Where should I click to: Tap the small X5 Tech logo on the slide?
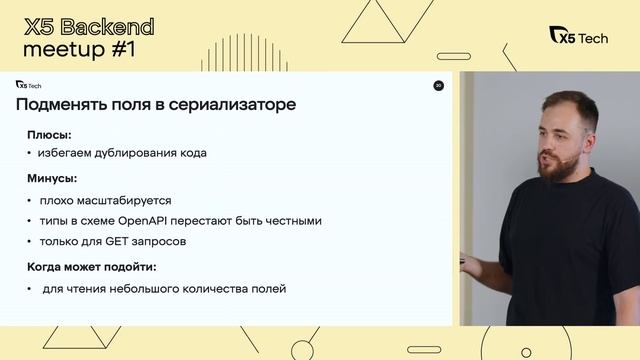(x=28, y=85)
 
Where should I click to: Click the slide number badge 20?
(x=438, y=86)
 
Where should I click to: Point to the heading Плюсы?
(x=49, y=134)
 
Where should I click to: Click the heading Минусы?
(x=53, y=180)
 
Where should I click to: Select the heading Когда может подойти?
(x=92, y=267)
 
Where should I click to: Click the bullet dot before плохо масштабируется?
(x=30, y=200)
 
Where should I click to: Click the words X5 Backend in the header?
(x=88, y=26)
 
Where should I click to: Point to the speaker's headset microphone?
(x=564, y=159)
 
